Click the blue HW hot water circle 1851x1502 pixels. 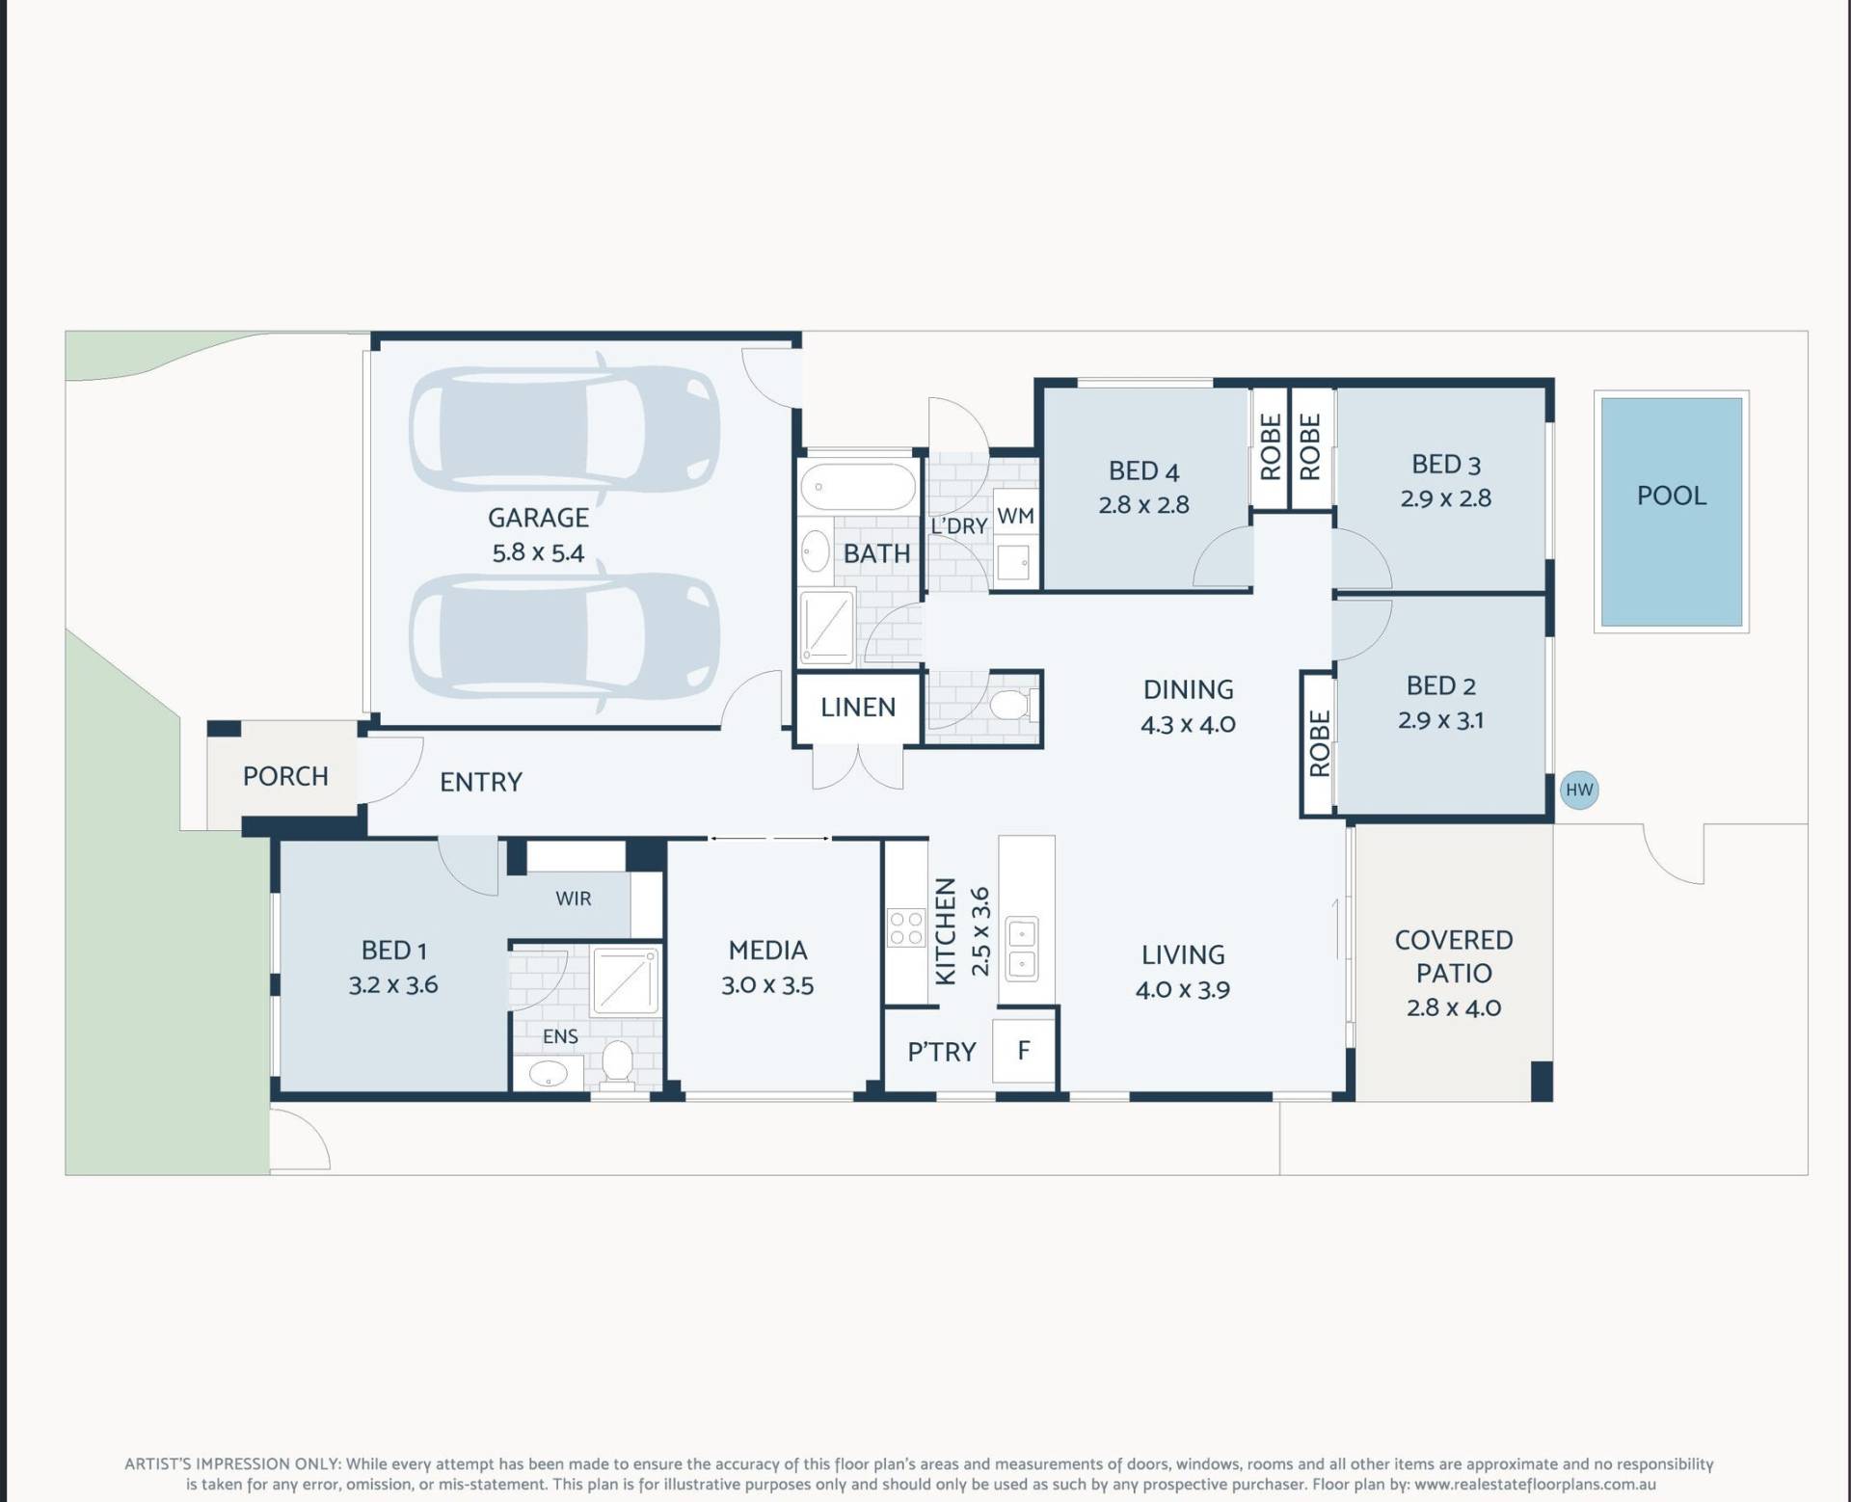tap(1579, 791)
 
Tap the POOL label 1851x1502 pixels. tap(1672, 496)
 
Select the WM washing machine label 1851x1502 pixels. tap(1015, 516)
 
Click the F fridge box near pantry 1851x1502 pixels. tap(1024, 1049)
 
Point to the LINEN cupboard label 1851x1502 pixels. tap(858, 708)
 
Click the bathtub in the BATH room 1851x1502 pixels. tap(858, 487)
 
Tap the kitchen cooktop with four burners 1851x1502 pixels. tap(906, 927)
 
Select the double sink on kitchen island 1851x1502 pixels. tap(1022, 949)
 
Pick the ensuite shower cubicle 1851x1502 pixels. tap(626, 982)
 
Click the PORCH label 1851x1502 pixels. tap(285, 776)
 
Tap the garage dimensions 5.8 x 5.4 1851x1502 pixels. tap(538, 553)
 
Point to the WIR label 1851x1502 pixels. tap(573, 899)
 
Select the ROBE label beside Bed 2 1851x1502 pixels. tap(1319, 743)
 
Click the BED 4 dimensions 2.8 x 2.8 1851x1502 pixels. tap(1143, 505)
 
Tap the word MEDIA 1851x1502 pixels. tap(767, 951)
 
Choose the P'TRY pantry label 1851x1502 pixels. tap(942, 1052)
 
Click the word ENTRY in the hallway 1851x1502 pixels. tap(481, 782)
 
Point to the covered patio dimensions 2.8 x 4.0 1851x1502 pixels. tap(1454, 1007)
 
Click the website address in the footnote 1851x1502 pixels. tap(1536, 1486)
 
